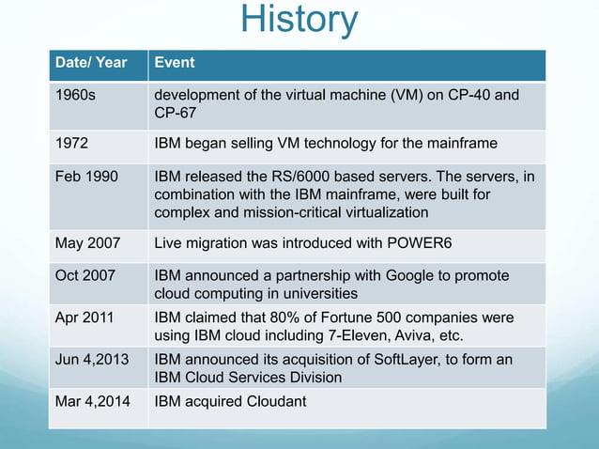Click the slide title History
[299, 21]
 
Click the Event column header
[175, 63]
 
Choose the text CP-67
[176, 114]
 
